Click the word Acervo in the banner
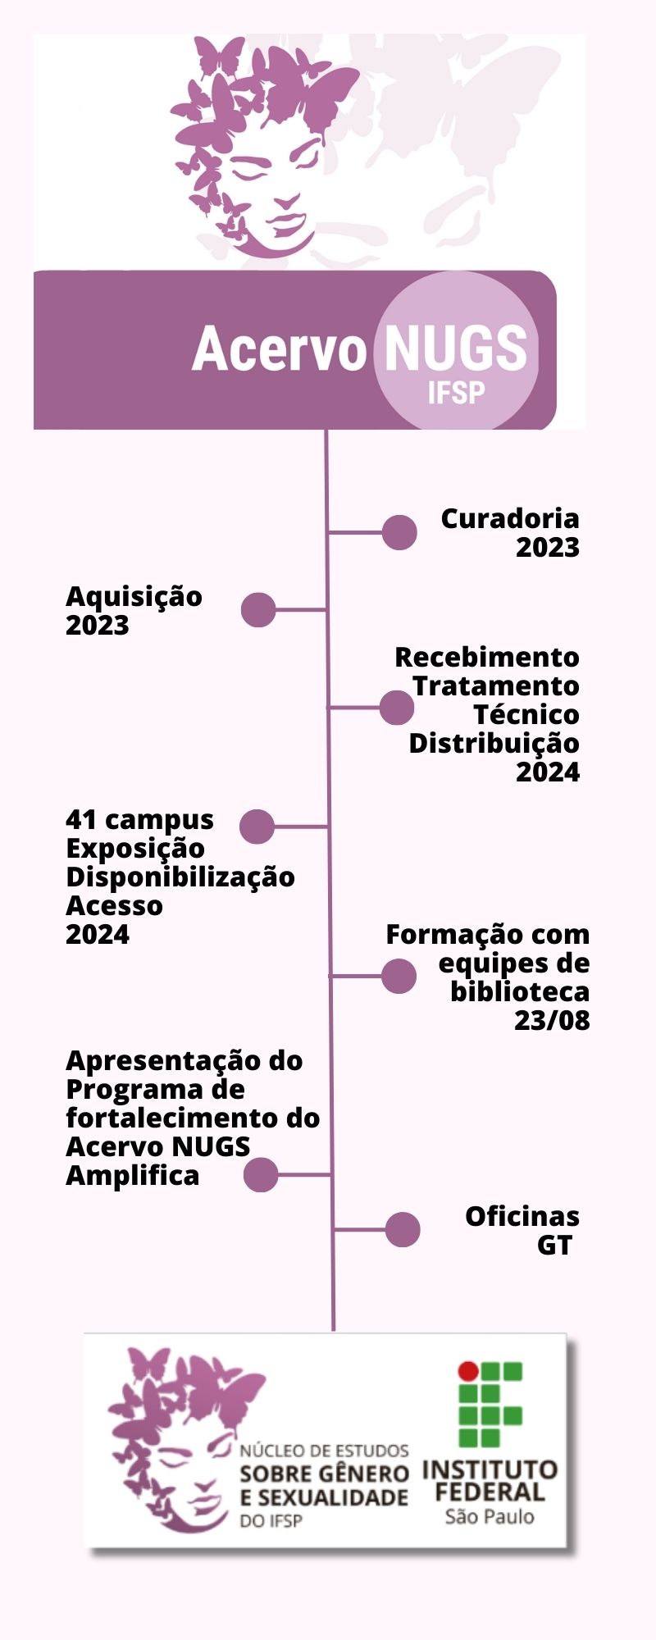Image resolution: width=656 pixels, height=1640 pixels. [x=279, y=348]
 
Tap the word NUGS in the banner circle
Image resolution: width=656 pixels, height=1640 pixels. [x=455, y=348]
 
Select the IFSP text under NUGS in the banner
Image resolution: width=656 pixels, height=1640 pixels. [x=456, y=393]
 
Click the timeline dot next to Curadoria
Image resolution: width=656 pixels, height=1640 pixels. [x=399, y=532]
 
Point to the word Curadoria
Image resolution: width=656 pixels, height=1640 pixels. [x=510, y=518]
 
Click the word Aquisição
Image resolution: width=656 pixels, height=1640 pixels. [x=134, y=597]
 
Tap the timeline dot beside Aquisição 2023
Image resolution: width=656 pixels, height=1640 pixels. [x=258, y=609]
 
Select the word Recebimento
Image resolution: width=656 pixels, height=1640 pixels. [x=487, y=657]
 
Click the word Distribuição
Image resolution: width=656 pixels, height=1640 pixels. [x=494, y=744]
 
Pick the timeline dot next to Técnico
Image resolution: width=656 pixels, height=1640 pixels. [x=397, y=707]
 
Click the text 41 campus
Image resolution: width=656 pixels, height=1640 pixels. [x=139, y=820]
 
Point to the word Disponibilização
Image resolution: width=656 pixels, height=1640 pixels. [x=180, y=877]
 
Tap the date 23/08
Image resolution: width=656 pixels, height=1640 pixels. [x=552, y=1020]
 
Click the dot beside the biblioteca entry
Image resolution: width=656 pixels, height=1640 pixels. [x=399, y=976]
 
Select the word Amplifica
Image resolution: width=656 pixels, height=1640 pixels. [x=133, y=1176]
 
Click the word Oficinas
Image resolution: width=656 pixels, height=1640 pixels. [x=522, y=1216]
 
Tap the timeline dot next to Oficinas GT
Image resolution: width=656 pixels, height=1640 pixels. [x=403, y=1229]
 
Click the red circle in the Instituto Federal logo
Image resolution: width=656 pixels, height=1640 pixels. [x=468, y=1369]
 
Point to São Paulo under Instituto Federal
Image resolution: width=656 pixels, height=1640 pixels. [x=490, y=1516]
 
